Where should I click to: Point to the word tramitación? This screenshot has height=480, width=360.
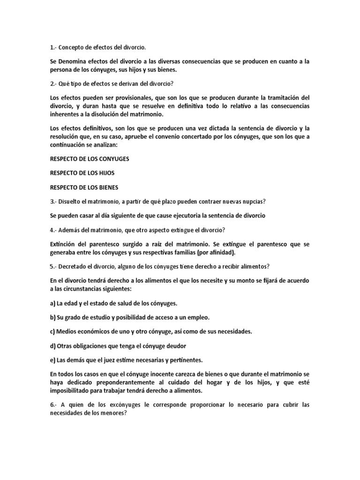coord(281,97)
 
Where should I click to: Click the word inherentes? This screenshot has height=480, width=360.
coord(67,114)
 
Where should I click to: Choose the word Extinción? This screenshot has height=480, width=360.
coord(65,244)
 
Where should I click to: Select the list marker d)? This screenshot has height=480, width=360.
coord(52,345)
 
